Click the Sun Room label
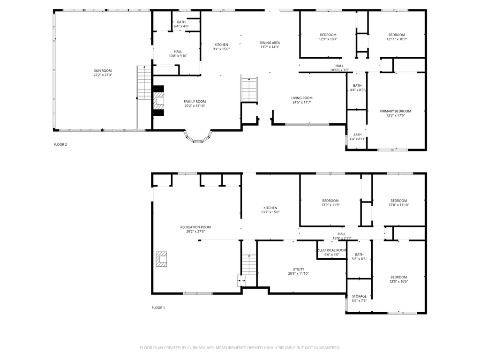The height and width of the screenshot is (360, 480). click(x=103, y=70)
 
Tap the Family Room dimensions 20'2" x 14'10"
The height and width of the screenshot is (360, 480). click(x=194, y=106)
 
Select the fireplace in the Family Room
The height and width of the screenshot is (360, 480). click(x=159, y=100)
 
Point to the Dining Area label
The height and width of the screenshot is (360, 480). click(x=270, y=43)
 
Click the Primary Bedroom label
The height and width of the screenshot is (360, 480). click(x=395, y=111)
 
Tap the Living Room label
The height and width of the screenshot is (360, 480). click(x=302, y=98)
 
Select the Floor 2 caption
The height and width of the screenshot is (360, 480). click(x=60, y=144)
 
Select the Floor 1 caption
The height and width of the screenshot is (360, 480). click(x=158, y=307)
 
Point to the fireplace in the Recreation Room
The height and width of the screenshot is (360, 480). click(x=162, y=259)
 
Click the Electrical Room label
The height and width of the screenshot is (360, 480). click(x=332, y=250)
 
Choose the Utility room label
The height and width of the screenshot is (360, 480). click(x=299, y=269)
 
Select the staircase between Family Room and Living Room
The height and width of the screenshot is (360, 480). click(x=249, y=90)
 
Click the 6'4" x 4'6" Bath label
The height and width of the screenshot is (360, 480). click(x=181, y=22)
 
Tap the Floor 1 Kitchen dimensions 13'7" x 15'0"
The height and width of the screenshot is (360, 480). click(x=270, y=212)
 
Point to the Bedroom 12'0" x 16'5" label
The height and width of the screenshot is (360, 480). click(x=398, y=277)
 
